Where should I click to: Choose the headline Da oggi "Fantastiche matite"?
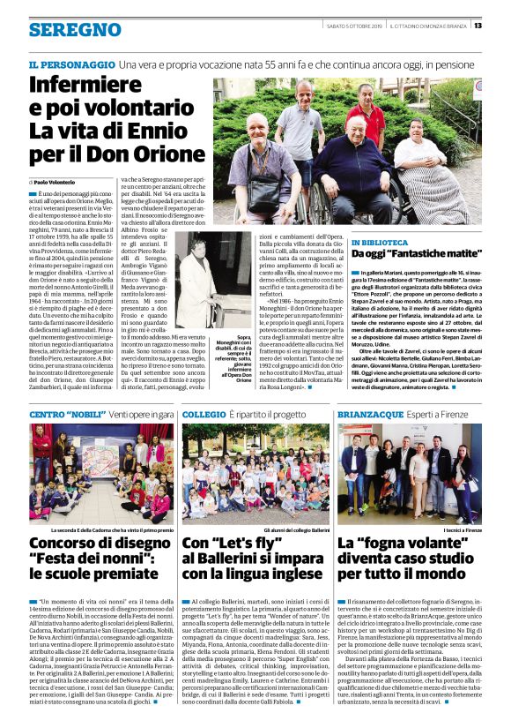[405, 254]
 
